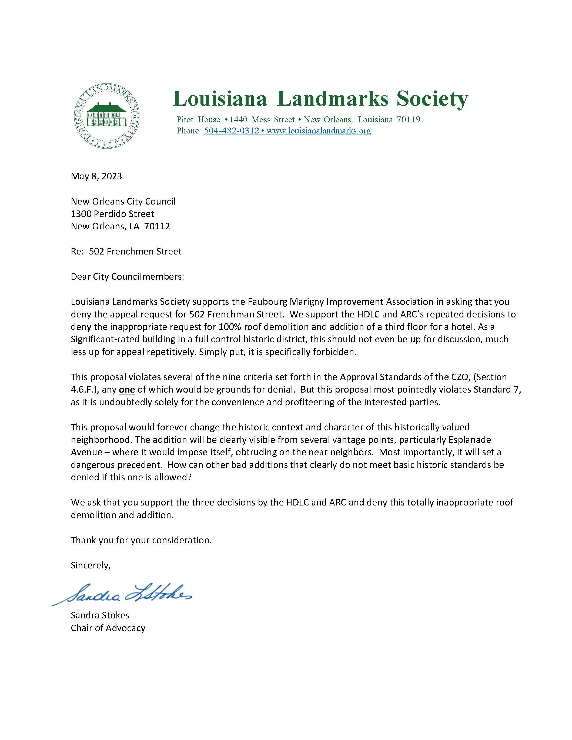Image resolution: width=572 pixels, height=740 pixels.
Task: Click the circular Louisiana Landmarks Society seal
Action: (108, 116)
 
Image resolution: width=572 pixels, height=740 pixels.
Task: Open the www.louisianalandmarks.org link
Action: (319, 131)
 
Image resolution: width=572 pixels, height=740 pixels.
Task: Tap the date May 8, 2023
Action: (96, 176)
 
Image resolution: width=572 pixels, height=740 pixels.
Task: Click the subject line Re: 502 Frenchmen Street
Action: (126, 252)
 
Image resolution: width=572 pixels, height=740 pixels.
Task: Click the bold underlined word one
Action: (127, 389)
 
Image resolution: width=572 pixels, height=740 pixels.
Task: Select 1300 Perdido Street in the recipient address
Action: (112, 214)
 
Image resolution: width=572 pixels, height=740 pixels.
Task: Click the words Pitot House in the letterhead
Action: (198, 120)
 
